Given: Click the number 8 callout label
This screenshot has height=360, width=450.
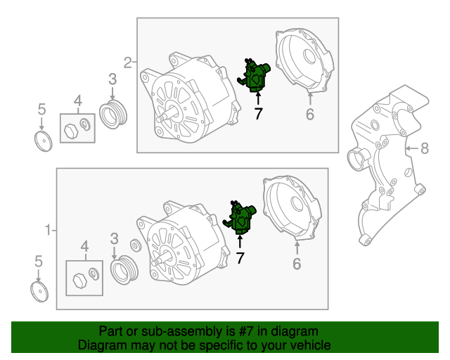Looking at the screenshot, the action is pos(425,148).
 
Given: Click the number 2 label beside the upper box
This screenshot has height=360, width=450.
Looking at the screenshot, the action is pos(128,63).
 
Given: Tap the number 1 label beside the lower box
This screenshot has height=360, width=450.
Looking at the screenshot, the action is pos(49,230).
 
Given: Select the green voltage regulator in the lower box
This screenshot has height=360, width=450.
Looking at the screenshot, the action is pos(240,217).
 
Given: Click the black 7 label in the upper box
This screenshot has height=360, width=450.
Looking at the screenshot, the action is pos(258,113).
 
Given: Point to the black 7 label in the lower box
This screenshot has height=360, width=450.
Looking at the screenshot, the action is pos(240,257).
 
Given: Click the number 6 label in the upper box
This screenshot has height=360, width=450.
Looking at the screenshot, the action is pos(310,114).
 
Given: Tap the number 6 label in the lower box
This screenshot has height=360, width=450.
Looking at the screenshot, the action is pos(297,264).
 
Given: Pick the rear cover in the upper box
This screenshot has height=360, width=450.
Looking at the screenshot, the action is pos(304,61).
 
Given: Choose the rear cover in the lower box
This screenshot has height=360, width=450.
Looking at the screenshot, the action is pos(292,208).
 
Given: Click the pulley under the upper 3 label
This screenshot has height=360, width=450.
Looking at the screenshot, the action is pos(113,114).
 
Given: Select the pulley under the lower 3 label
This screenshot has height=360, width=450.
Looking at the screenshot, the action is pos(124,270).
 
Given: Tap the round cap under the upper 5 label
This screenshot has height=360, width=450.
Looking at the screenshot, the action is pos(44,141).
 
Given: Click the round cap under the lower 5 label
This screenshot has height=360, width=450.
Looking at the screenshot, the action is pos(39,292).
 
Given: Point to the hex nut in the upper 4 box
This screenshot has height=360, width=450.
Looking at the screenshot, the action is pos(71,131).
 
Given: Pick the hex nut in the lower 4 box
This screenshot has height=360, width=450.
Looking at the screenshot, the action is pos(79,280).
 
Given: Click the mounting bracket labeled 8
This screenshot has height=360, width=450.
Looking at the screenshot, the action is pos(387,164).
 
